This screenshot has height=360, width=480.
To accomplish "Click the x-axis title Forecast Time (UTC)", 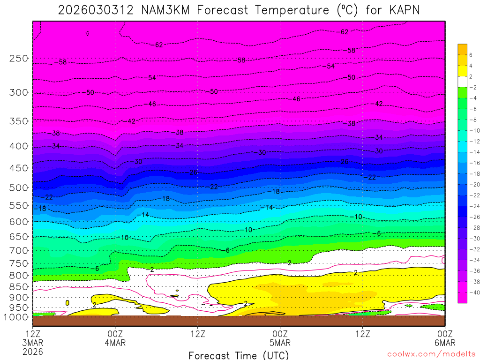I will (x=239, y=355).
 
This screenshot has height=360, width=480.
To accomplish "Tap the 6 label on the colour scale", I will (x=470, y=55).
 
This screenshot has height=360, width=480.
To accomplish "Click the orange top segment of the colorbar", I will (x=462, y=49).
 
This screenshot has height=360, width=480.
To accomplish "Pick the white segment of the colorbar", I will (x=462, y=82).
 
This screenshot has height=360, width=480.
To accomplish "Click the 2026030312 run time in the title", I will (x=95, y=10).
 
